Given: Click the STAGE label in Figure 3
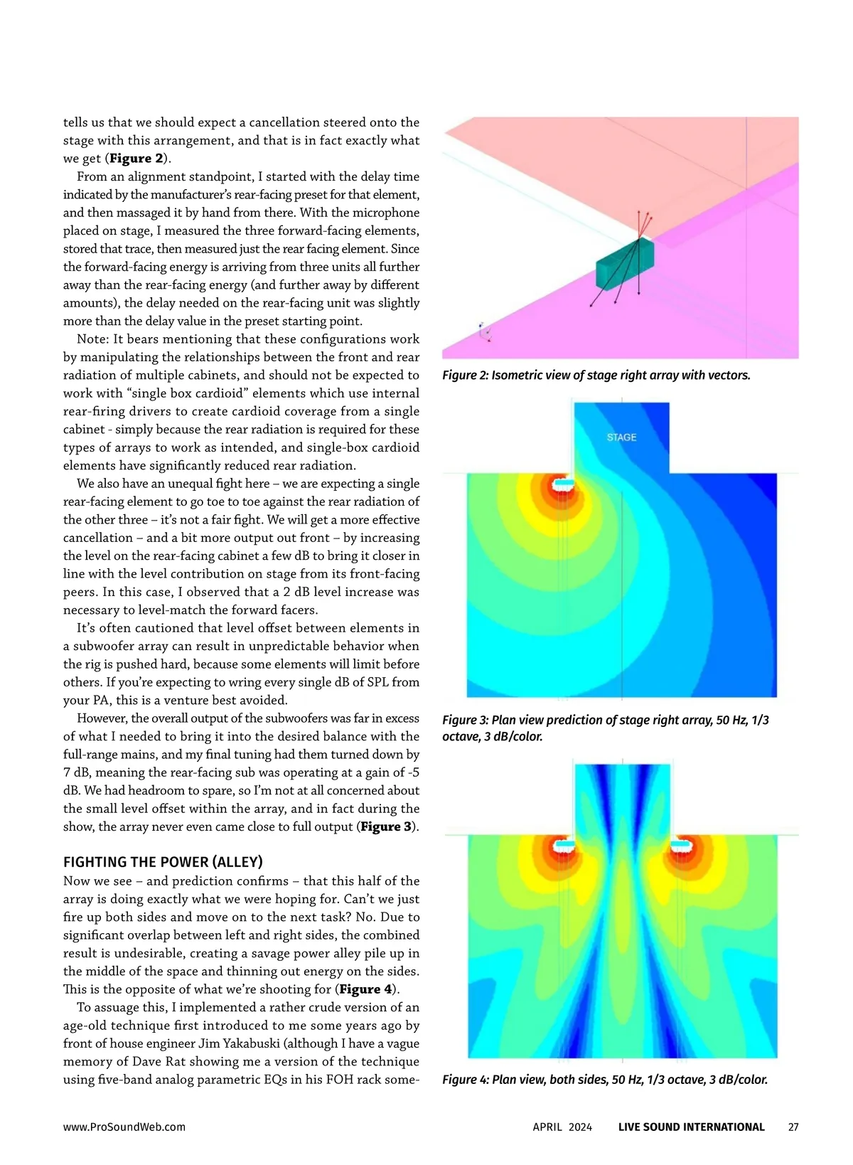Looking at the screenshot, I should (x=621, y=437).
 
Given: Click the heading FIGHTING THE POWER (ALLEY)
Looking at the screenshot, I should (x=163, y=862).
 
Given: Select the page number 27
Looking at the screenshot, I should (x=793, y=1127).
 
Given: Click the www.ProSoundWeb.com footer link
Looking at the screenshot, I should (x=124, y=1127).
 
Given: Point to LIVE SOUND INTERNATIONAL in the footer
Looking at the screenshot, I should (x=691, y=1127).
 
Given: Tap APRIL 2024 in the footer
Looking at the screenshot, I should (x=562, y=1127).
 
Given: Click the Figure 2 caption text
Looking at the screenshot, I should (x=596, y=375).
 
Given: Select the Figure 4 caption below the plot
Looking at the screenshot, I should (x=605, y=1080).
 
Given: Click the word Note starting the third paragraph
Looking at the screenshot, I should (x=92, y=339).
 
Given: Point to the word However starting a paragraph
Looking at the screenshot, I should (x=102, y=718).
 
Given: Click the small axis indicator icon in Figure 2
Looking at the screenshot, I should (x=485, y=332).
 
